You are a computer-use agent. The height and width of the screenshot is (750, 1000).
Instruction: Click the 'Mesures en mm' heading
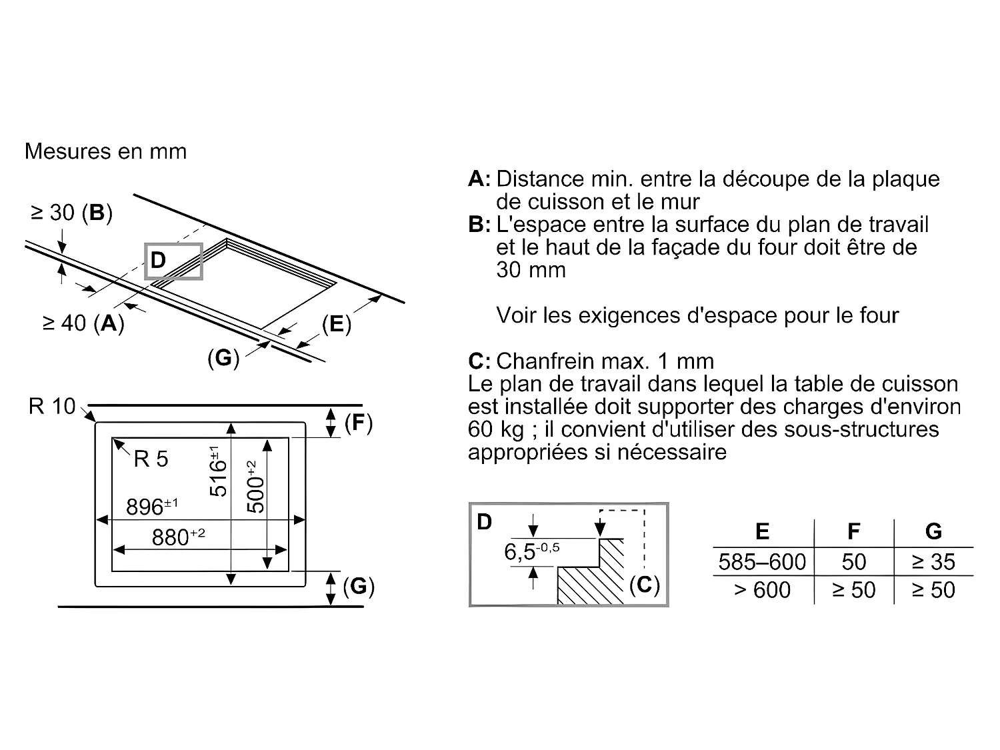point(105,151)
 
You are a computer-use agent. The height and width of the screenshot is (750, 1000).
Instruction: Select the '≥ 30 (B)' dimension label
point(71,213)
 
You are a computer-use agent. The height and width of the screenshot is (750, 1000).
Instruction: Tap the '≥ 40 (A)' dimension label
point(83,323)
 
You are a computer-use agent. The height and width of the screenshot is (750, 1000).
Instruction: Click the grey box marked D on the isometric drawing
point(173,261)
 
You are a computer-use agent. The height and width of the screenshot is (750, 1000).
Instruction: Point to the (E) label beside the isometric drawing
point(336,324)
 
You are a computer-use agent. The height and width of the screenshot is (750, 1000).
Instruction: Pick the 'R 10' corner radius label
point(52,406)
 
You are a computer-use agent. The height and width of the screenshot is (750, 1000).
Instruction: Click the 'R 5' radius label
point(151,459)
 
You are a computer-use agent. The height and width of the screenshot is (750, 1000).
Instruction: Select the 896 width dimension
point(151,507)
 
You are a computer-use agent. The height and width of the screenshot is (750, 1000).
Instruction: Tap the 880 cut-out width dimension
point(177,537)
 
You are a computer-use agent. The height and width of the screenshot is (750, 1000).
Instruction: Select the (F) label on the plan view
point(358,423)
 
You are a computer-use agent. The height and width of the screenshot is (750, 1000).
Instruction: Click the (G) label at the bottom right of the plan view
point(359,587)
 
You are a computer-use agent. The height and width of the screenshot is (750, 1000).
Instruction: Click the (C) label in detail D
point(644,585)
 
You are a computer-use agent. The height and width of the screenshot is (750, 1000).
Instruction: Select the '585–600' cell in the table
point(762,562)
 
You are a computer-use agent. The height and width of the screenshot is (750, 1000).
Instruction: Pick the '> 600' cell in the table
point(762,590)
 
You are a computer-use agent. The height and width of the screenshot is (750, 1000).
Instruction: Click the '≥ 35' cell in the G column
point(933,562)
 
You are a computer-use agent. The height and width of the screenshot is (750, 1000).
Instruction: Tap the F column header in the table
point(853,531)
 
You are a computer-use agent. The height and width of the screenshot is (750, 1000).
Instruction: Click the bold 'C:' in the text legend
point(479,361)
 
